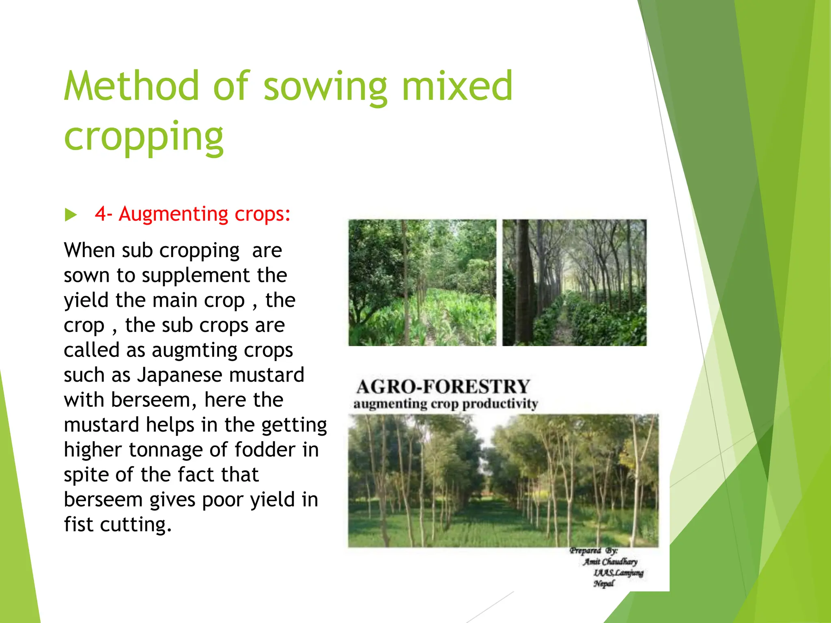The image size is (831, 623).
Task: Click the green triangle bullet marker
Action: tap(71, 215)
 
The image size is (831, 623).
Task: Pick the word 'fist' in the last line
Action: tap(79, 524)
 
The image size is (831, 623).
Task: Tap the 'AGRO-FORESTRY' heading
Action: tap(443, 387)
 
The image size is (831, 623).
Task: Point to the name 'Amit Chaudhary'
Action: tap(610, 562)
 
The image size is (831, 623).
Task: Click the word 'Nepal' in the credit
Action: tap(604, 584)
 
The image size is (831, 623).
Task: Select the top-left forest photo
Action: tap(422, 283)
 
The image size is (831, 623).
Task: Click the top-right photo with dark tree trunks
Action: tap(574, 283)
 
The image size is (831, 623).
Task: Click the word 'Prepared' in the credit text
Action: tap(585, 551)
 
